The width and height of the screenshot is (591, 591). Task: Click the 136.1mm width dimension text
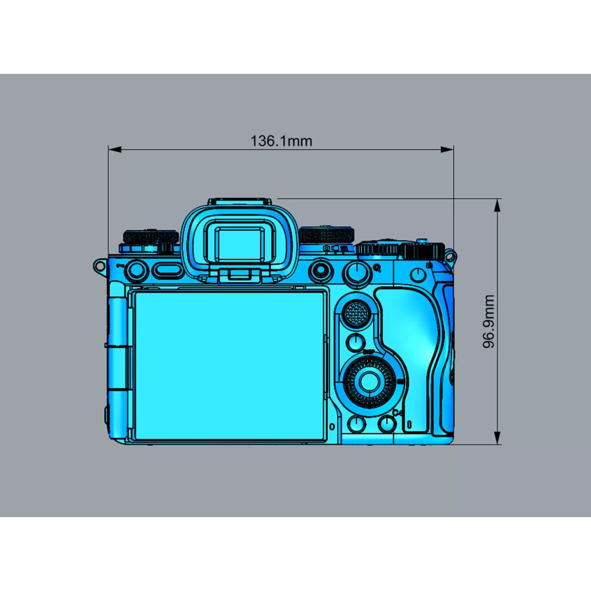pos(281,141)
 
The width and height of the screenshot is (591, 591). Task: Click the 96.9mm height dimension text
pos(489,322)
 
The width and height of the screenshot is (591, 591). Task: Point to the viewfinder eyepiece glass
pos(241,244)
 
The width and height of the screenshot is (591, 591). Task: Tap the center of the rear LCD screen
pos(229,365)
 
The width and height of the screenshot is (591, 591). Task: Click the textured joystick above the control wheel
pos(356,314)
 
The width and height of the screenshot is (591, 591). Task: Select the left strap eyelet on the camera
pos(99,266)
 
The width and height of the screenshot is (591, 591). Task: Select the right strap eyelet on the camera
pos(450,256)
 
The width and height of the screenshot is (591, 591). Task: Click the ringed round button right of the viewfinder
pos(319,270)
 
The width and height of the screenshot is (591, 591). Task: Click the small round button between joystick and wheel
pos(356,343)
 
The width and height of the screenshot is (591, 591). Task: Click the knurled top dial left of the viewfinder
pos(151,237)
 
